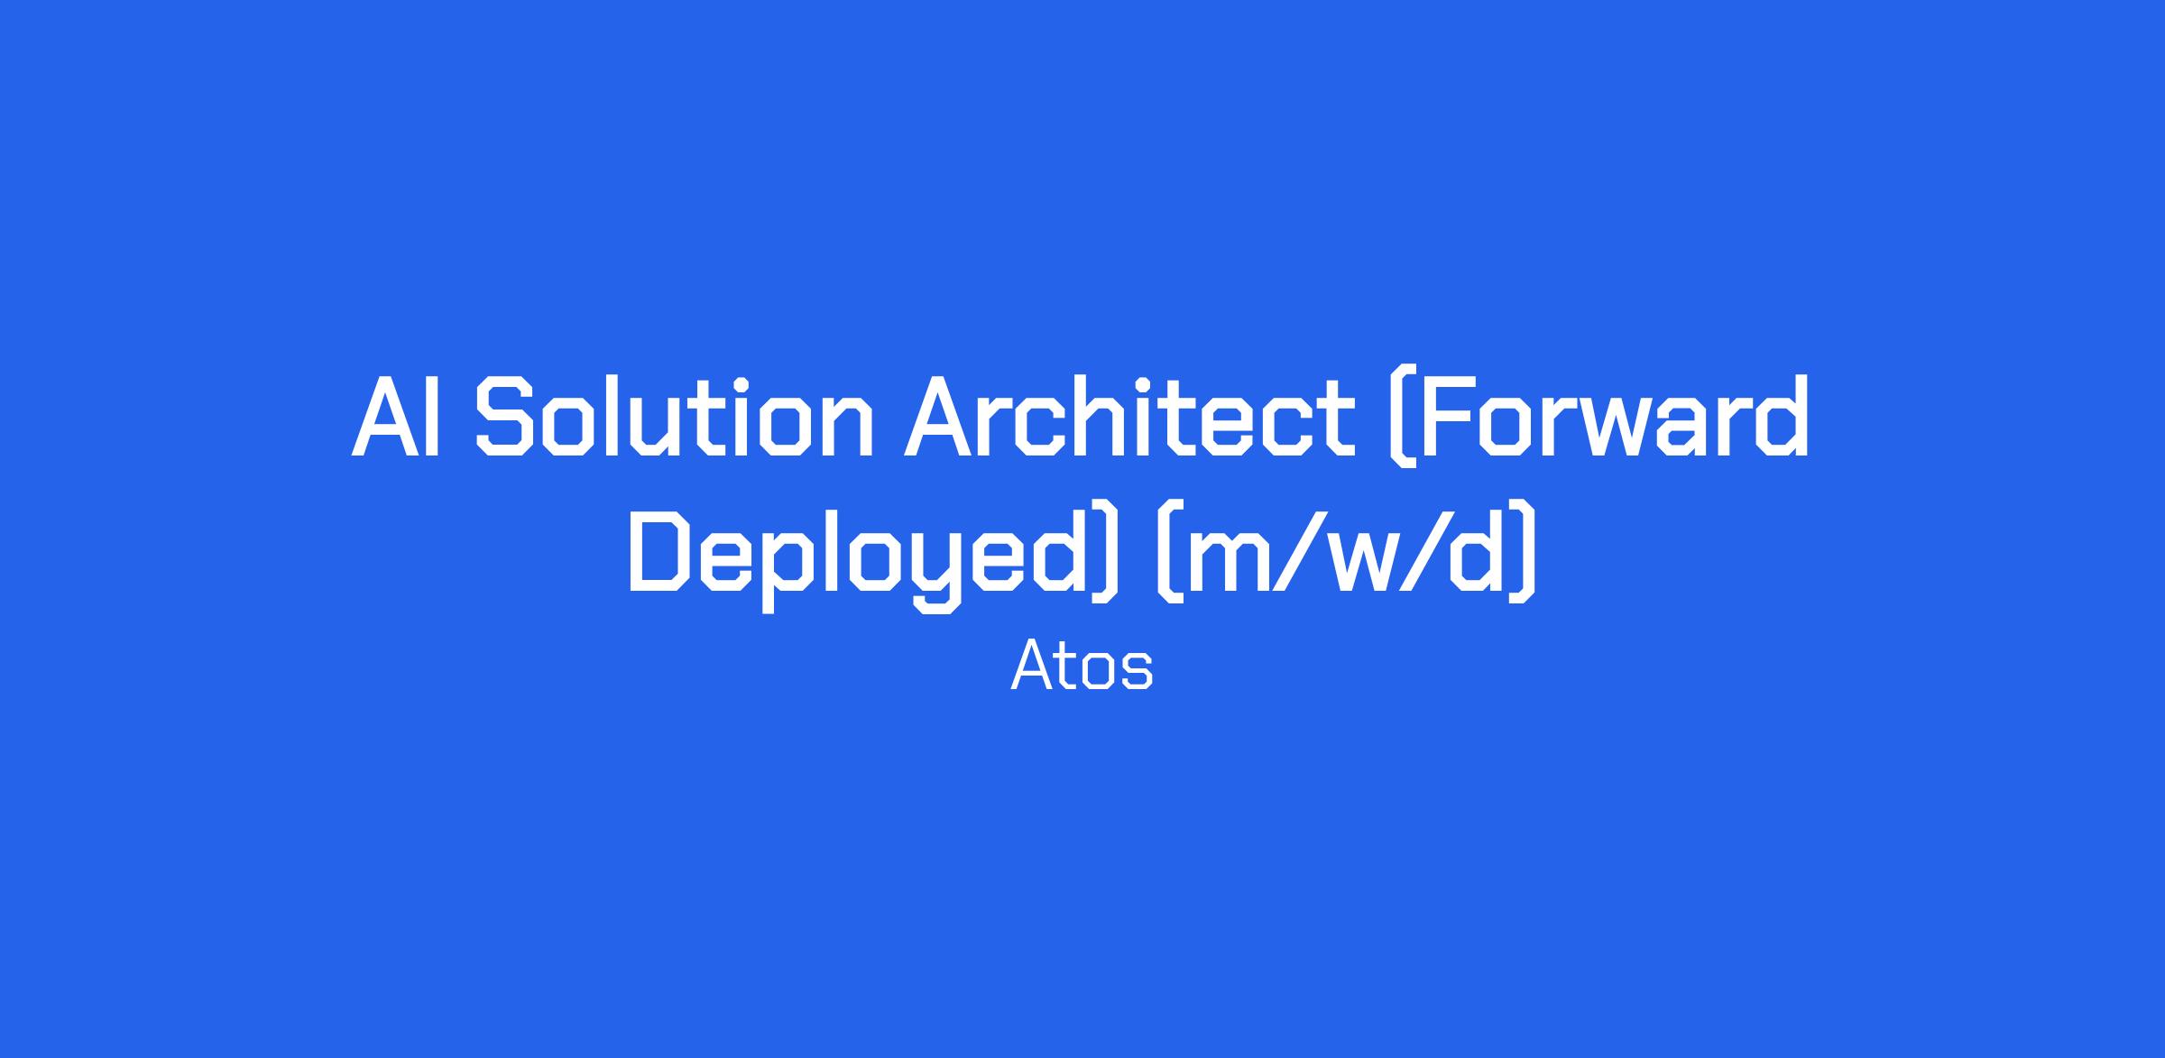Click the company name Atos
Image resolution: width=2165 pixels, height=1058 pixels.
(x=1082, y=666)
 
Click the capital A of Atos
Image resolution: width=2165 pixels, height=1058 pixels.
(x=1029, y=666)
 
